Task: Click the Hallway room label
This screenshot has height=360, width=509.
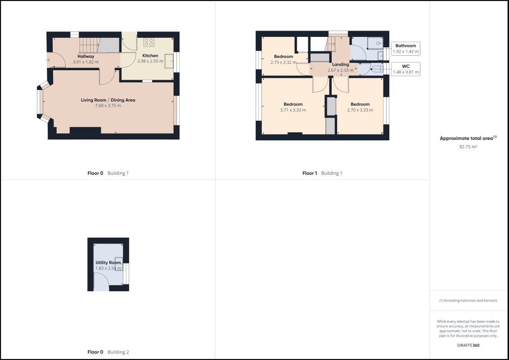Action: tap(86, 57)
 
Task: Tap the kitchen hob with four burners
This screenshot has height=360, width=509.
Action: tap(149, 42)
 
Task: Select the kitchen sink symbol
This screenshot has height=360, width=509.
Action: tap(169, 61)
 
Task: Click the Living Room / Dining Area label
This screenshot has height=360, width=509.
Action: tap(108, 100)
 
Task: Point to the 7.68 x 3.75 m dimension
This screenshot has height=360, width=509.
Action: tap(108, 105)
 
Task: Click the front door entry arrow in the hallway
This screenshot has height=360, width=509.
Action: tap(48, 60)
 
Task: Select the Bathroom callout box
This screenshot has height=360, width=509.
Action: tap(406, 49)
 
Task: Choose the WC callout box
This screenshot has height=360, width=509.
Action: tap(406, 69)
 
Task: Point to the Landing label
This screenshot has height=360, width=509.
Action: tap(341, 65)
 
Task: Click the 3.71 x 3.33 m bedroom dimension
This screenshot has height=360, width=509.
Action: tap(293, 110)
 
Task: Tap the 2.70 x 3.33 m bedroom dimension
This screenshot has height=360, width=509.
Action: tap(360, 110)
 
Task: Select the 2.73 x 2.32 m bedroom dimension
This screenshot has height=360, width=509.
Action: tap(284, 63)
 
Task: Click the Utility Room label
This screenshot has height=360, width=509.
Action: tap(108, 263)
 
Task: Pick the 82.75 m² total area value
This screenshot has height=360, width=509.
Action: tap(468, 147)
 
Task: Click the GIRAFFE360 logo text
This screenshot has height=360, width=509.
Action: tap(468, 346)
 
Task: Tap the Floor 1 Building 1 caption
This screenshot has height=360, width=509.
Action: tap(322, 173)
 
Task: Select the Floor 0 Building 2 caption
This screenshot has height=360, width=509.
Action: tap(108, 352)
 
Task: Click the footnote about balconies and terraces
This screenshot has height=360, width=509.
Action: tap(468, 301)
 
